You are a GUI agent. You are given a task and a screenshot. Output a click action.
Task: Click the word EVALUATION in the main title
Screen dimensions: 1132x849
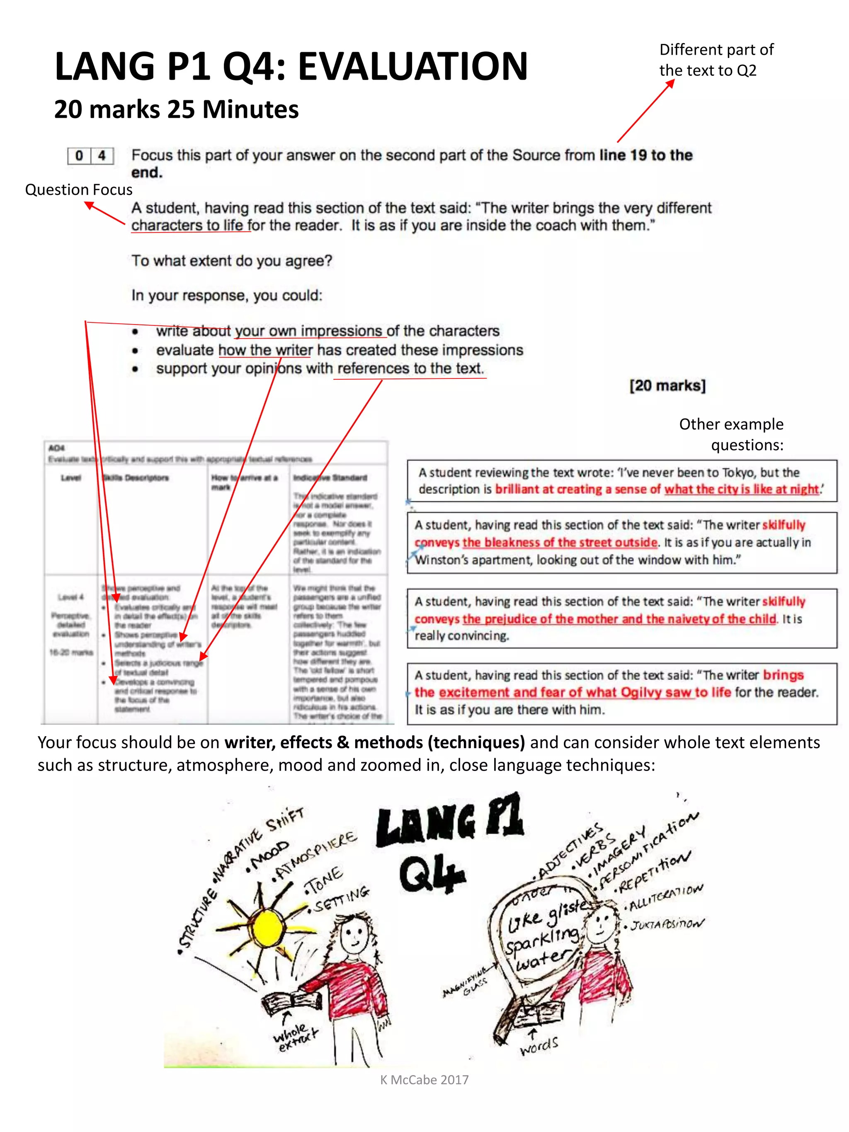tap(412, 67)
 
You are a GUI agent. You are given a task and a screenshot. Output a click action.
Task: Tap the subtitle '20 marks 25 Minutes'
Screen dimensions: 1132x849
tap(176, 109)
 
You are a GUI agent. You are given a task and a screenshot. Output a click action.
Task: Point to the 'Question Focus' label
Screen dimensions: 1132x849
tap(78, 190)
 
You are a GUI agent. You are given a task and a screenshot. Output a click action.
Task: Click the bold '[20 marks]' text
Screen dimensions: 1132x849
tap(667, 385)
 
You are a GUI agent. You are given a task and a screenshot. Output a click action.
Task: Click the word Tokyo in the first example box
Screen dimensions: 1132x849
tap(738, 473)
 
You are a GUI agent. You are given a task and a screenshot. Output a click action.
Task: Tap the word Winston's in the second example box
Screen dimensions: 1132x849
tap(441, 560)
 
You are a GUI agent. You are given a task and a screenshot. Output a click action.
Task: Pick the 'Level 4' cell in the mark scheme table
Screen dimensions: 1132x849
tap(70, 597)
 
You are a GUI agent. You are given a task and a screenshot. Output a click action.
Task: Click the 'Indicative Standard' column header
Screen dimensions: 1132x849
tap(330, 478)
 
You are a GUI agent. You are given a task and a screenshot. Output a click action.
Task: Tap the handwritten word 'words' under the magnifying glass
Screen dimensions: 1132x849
tap(539, 1045)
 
